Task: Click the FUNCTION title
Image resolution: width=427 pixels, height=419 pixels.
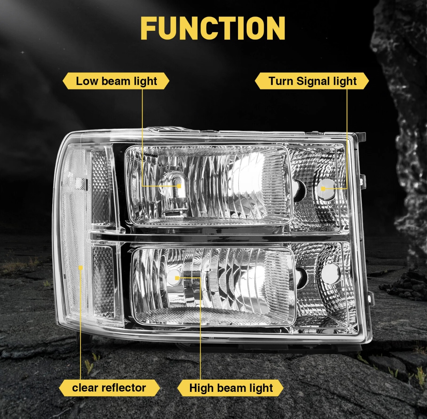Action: [x=213, y=28]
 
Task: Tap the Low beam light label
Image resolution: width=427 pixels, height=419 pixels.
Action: [x=116, y=81]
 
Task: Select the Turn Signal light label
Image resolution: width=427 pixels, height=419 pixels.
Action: [x=312, y=81]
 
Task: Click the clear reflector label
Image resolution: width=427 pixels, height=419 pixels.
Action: [x=109, y=388]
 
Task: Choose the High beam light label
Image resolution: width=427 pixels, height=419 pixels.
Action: [x=230, y=388]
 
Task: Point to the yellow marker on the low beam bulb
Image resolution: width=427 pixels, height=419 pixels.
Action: [x=179, y=186]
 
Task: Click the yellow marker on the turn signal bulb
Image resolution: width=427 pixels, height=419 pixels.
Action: [x=323, y=189]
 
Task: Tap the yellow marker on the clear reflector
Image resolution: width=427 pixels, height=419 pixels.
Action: [x=81, y=268]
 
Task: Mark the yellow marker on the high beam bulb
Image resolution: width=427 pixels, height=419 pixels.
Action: [x=177, y=278]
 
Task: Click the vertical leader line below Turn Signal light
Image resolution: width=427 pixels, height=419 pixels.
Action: [x=347, y=139]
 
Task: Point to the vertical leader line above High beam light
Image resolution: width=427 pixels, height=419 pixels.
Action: [x=200, y=328]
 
